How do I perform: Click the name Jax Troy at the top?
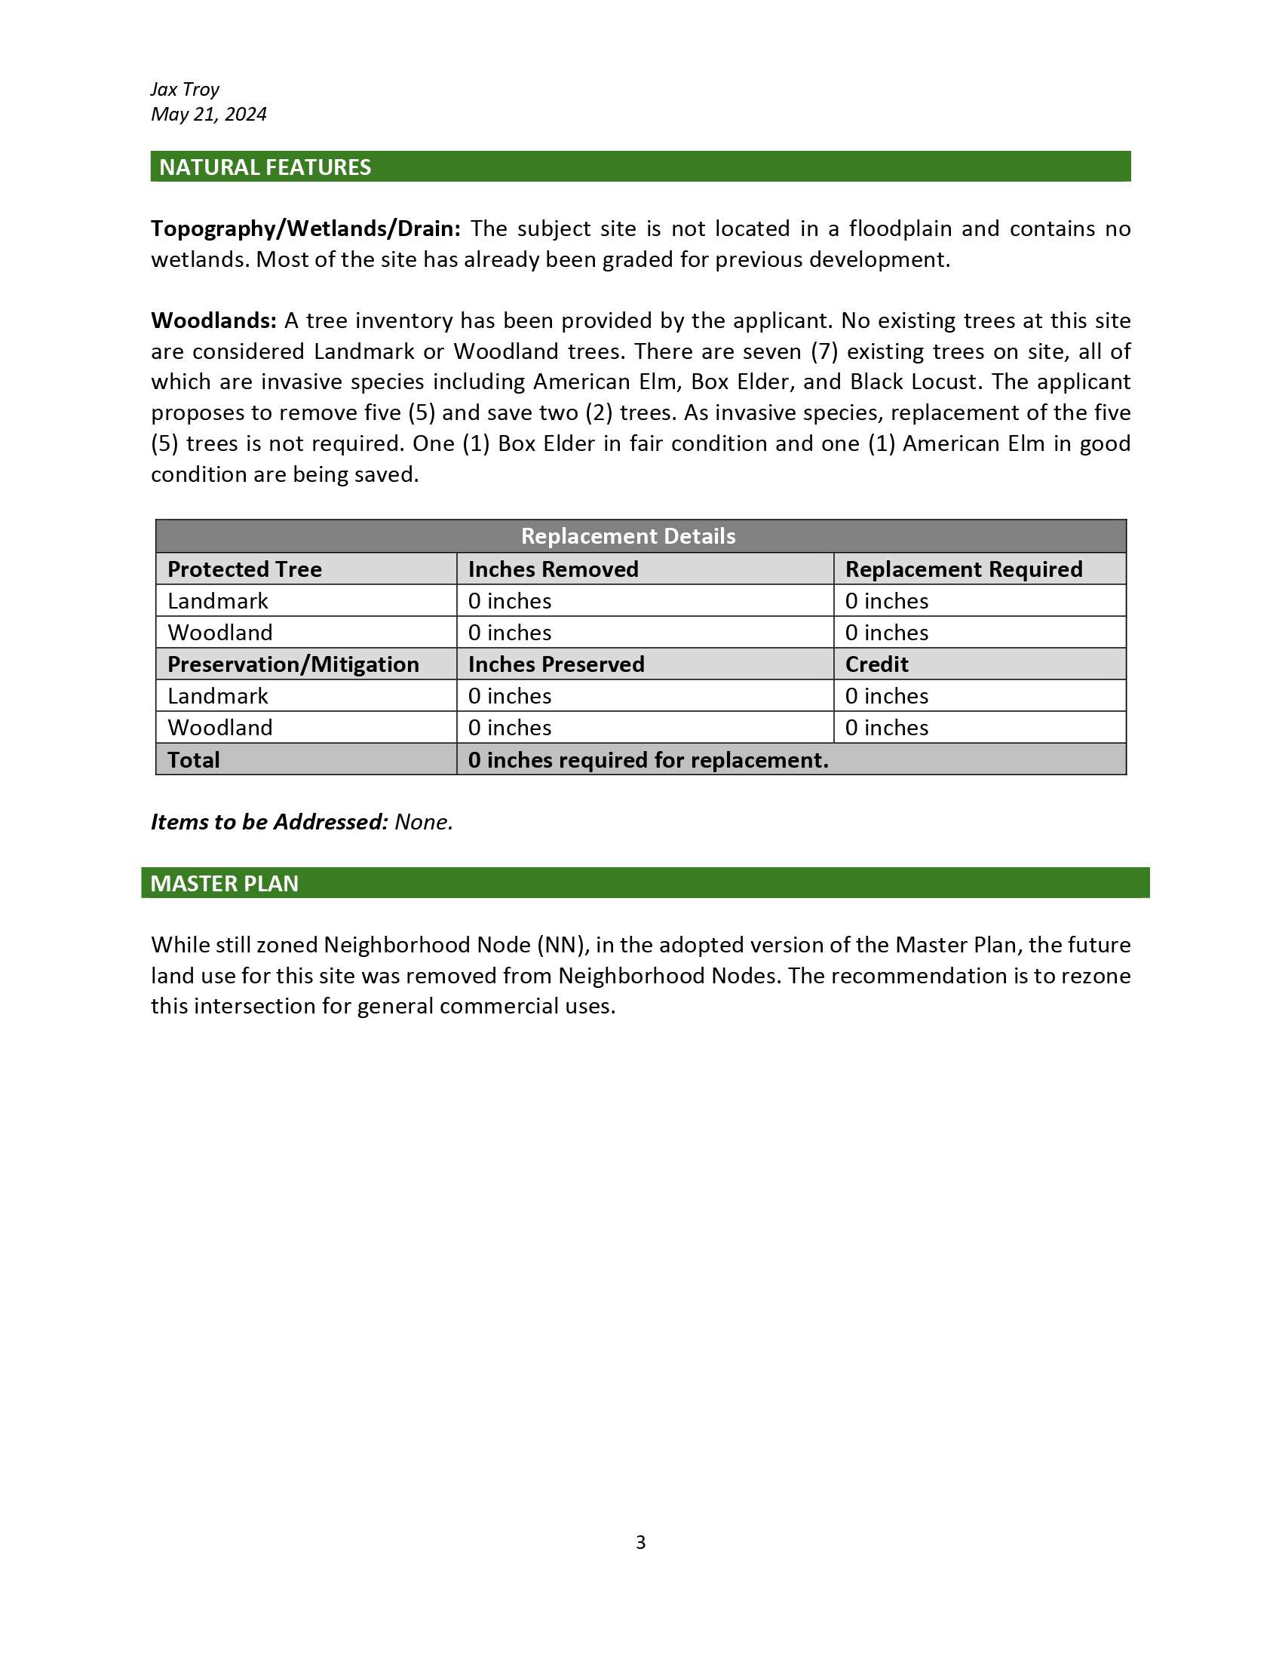tap(185, 90)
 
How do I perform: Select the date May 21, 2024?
tap(209, 115)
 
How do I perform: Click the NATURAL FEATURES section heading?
tap(265, 167)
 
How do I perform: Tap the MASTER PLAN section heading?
tap(224, 884)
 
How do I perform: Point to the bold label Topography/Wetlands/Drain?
tap(305, 228)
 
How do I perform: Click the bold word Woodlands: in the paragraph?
tap(213, 320)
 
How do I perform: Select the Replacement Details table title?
tap(628, 536)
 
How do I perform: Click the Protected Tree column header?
tap(244, 569)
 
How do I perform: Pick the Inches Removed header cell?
tap(553, 569)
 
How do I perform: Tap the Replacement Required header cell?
tap(963, 569)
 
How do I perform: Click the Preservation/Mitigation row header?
tap(293, 664)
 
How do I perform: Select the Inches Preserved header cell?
tap(556, 664)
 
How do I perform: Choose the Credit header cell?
tap(876, 664)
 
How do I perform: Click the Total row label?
tap(194, 759)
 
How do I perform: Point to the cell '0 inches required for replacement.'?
tap(648, 759)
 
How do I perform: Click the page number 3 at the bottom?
tap(640, 1542)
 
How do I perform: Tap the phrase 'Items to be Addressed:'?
tap(270, 822)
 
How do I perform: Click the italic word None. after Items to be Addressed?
tap(424, 822)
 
